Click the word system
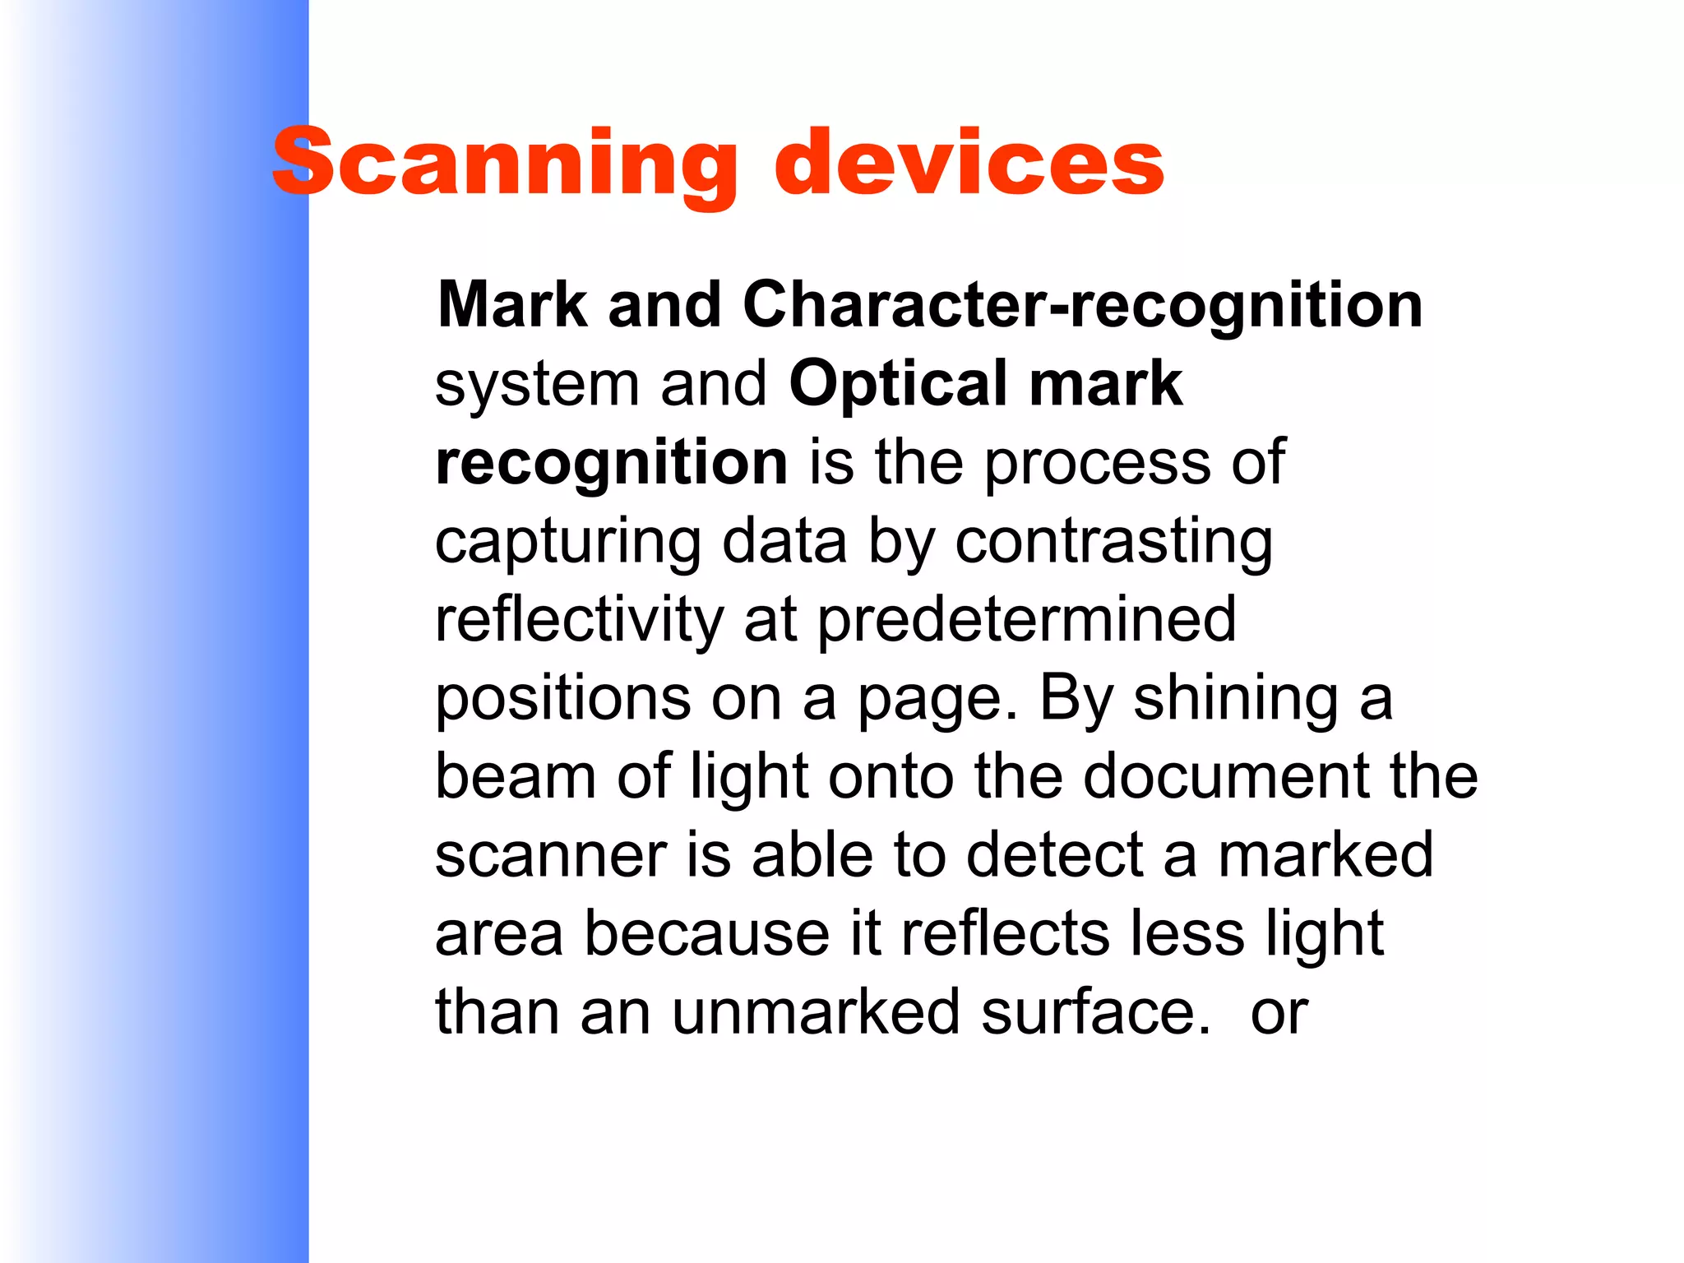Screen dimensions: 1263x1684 pos(537,384)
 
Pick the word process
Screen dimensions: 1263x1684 pos(1097,463)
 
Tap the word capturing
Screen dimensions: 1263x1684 pos(568,542)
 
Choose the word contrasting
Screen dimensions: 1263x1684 pos(1113,542)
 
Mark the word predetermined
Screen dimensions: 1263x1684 pos(1027,620)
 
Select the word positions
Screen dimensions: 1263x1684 pos(562,698)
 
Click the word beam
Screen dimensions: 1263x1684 pos(516,777)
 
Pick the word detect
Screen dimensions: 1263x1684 pos(1055,856)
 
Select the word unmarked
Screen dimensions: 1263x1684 pos(816,1013)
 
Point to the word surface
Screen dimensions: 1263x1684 pos(1096,1013)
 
